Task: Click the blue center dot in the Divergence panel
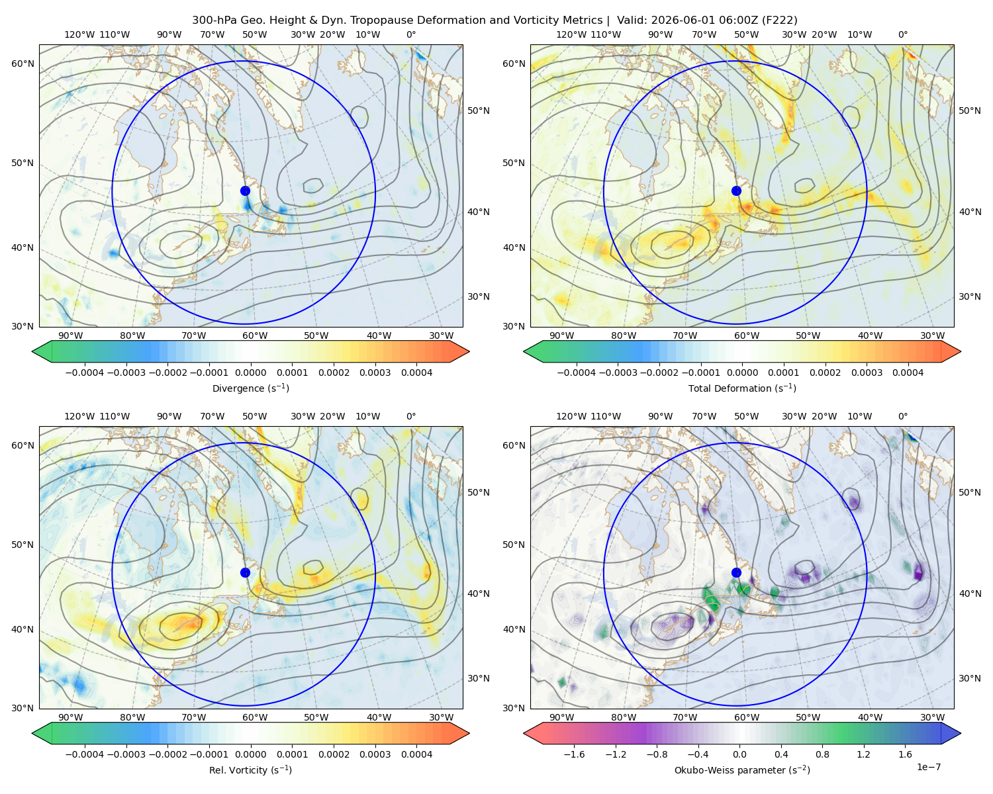click(245, 191)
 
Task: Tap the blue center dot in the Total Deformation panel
click(736, 191)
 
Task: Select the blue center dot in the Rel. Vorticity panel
click(245, 572)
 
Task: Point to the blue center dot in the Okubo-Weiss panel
click(736, 572)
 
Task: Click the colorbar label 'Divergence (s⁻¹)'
click(250, 388)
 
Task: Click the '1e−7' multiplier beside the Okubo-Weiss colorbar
click(928, 767)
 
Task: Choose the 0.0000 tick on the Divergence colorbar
click(250, 373)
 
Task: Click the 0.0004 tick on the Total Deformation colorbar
click(908, 373)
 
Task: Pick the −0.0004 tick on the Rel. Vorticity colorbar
click(85, 754)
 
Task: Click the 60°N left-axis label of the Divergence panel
click(23, 64)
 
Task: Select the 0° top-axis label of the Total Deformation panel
click(903, 34)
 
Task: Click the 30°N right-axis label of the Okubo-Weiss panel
click(969, 678)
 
